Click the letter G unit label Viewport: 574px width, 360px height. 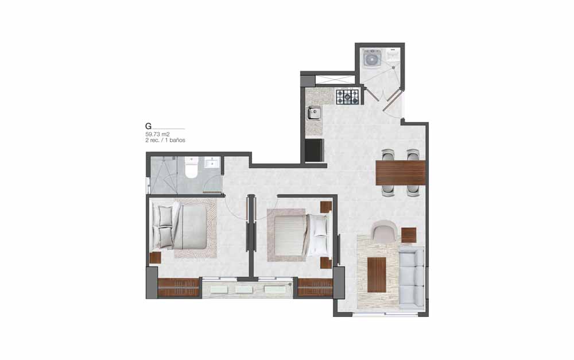pyautogui.click(x=148, y=126)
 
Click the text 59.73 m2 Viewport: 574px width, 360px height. pyautogui.click(x=157, y=134)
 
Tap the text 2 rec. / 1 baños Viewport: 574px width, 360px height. pyautogui.click(x=165, y=140)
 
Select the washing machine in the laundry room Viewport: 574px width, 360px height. pyautogui.click(x=373, y=58)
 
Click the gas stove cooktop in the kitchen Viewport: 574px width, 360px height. pyautogui.click(x=348, y=96)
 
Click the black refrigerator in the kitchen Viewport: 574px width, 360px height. pyautogui.click(x=315, y=150)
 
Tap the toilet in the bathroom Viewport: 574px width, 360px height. pyautogui.click(x=191, y=167)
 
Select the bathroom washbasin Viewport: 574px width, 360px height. pyautogui.click(x=212, y=162)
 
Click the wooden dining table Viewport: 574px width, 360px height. pyautogui.click(x=401, y=172)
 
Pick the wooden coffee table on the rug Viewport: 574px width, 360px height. pyautogui.click(x=377, y=274)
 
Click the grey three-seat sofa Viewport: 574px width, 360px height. pyautogui.click(x=412, y=277)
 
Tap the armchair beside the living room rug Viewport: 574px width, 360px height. pyautogui.click(x=385, y=231)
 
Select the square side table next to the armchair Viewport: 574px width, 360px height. pyautogui.click(x=409, y=235)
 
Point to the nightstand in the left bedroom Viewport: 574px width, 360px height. pyautogui.click(x=155, y=258)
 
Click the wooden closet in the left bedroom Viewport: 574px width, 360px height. pyautogui.click(x=179, y=288)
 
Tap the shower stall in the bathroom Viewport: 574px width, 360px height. pyautogui.click(x=164, y=175)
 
